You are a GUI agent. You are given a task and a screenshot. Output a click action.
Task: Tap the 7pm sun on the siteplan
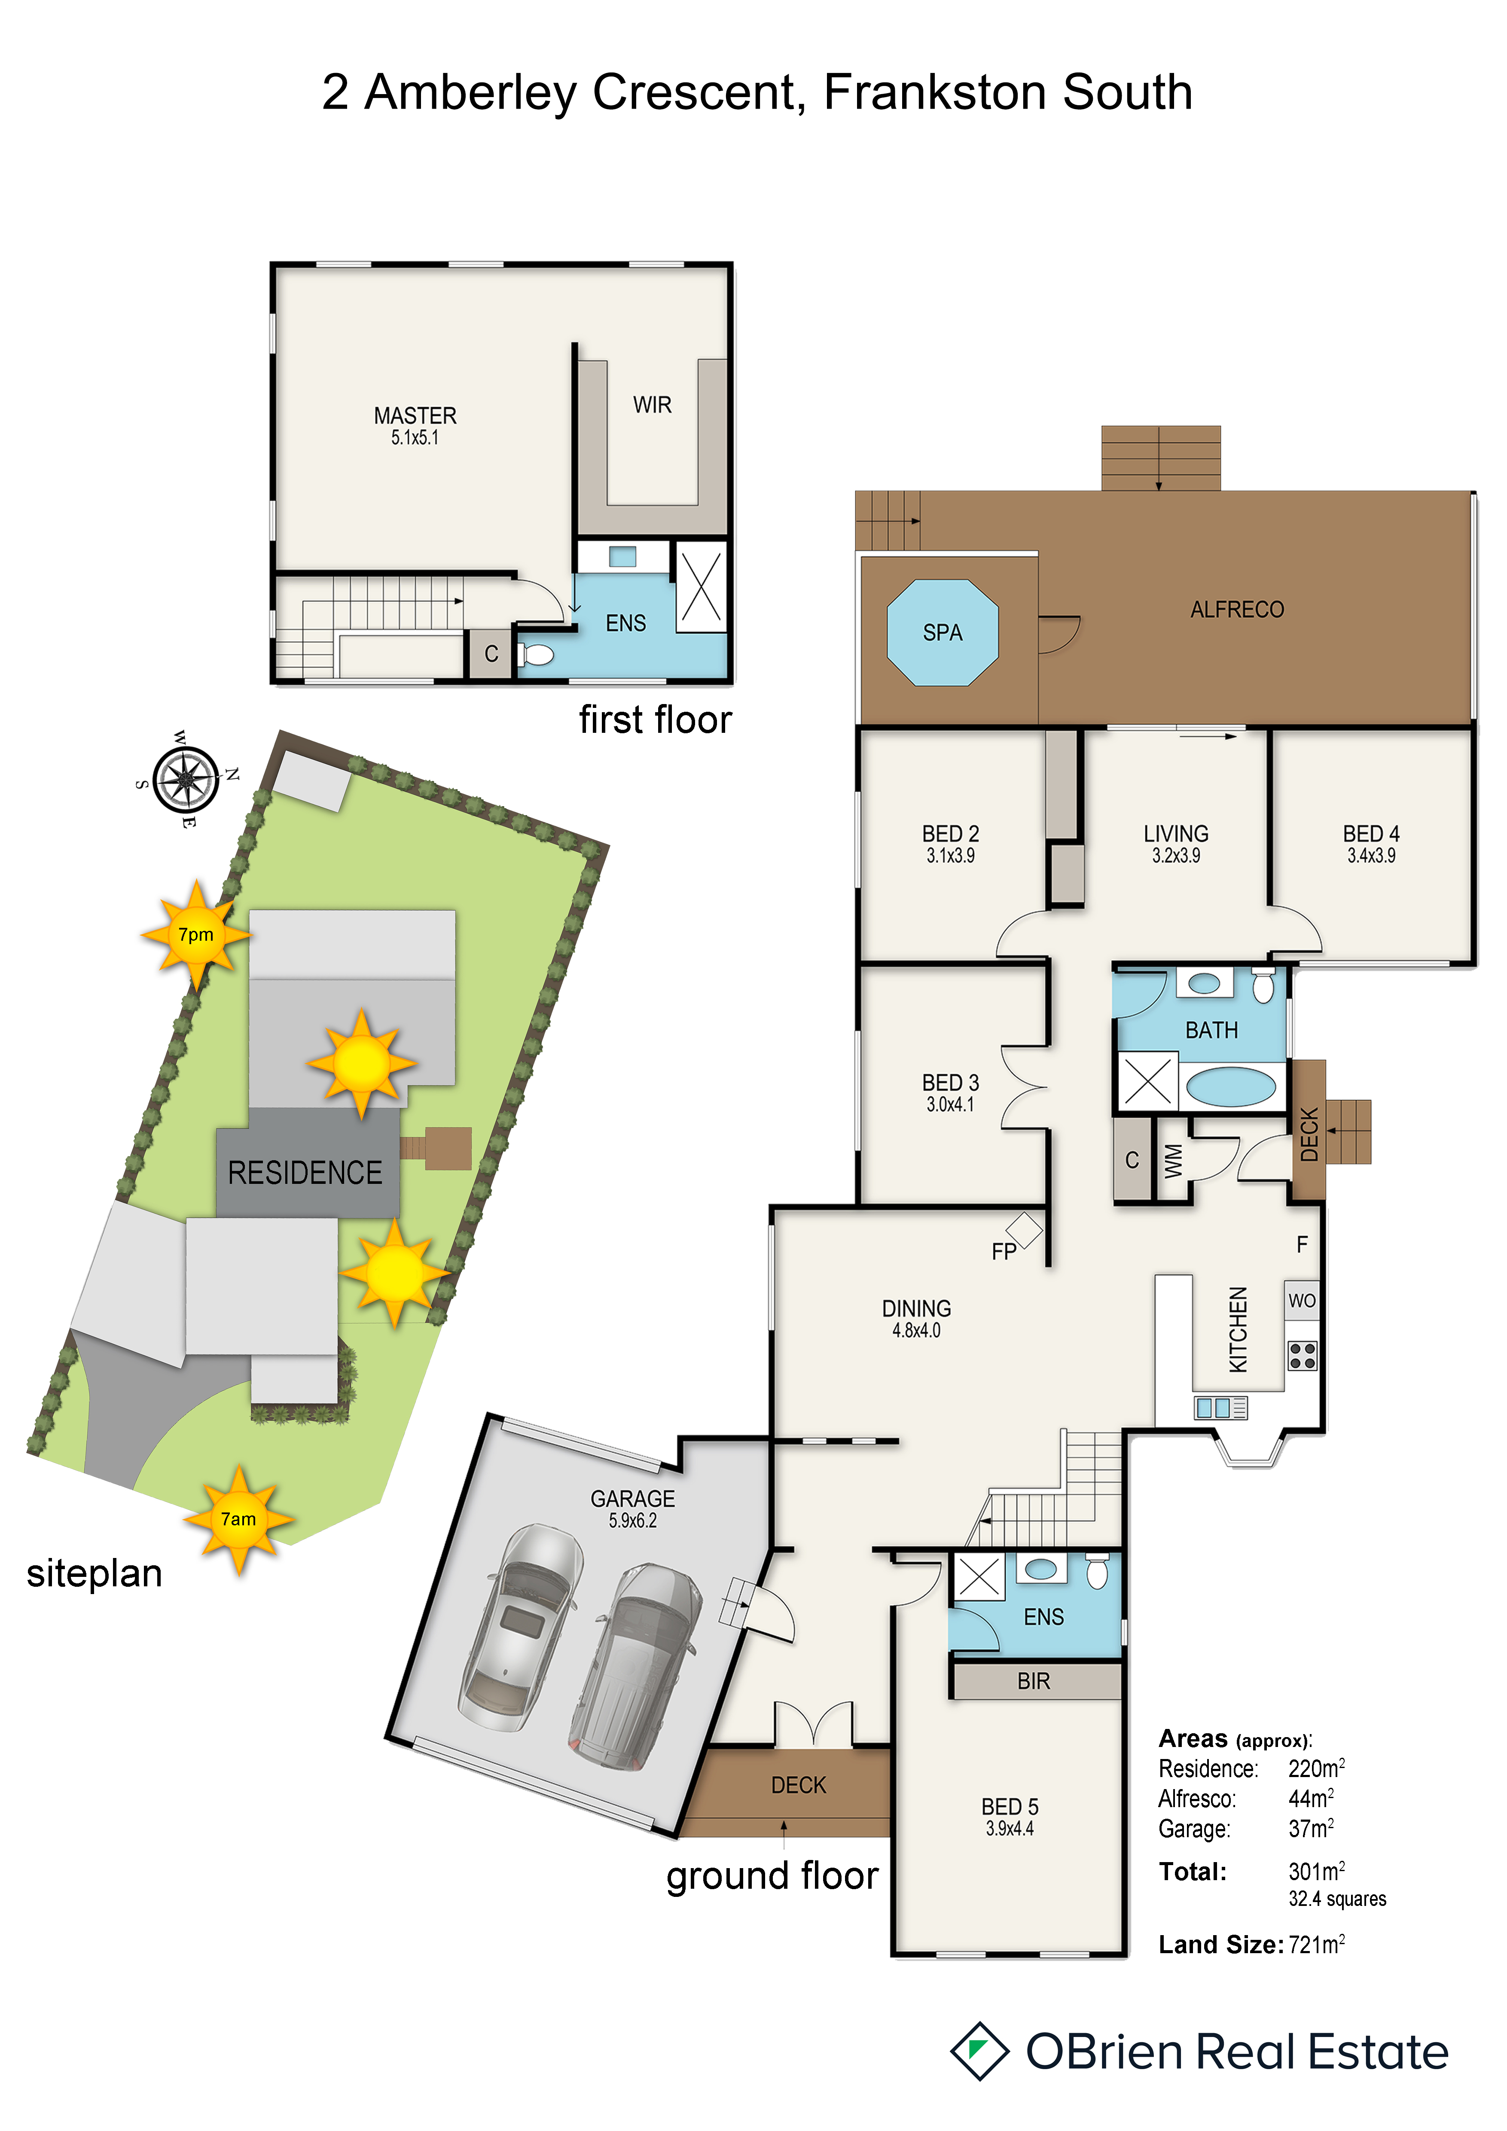point(196,935)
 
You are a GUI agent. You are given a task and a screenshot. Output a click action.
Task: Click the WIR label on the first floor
point(653,405)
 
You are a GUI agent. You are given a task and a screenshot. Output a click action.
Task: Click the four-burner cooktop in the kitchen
point(1302,1356)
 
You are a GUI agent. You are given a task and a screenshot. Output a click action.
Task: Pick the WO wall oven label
point(1302,1300)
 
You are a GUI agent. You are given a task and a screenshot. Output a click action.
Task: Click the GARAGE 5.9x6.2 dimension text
point(633,1520)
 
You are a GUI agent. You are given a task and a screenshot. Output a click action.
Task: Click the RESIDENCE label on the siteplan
point(305,1173)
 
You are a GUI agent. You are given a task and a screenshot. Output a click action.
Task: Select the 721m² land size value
point(1317,1945)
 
